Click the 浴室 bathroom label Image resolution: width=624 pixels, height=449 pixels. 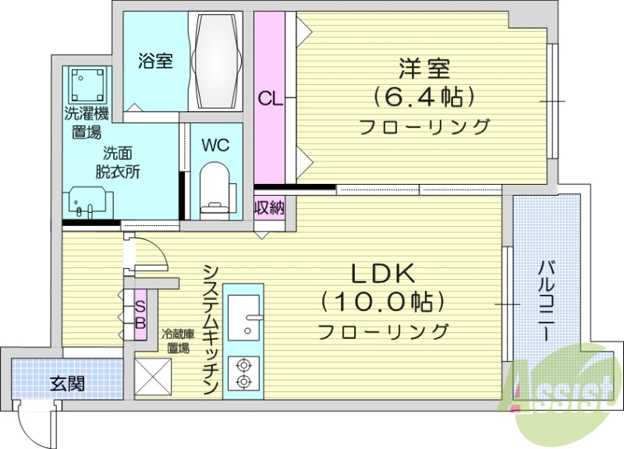tap(156, 62)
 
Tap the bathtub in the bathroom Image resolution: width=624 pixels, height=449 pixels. tap(219, 60)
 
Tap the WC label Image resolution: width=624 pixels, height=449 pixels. tap(214, 145)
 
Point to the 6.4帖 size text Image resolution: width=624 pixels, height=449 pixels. tap(424, 97)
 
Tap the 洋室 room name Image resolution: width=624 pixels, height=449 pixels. tap(424, 69)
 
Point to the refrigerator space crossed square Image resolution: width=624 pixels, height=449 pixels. tap(153, 375)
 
